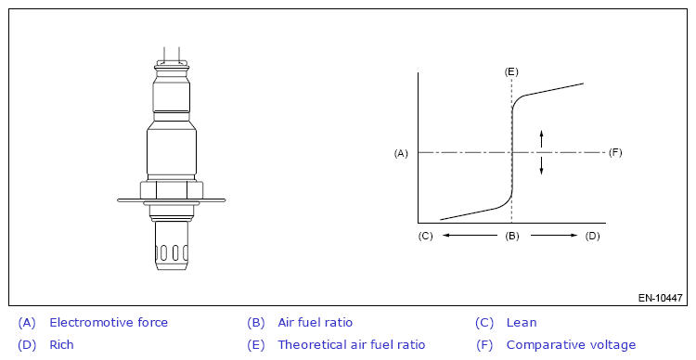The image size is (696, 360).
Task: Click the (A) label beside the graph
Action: point(401,153)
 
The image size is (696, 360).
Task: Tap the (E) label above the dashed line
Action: point(511,72)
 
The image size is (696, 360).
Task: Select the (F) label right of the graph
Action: point(615,153)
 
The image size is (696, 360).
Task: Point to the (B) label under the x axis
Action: point(511,236)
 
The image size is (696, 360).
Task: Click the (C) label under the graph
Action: point(425,236)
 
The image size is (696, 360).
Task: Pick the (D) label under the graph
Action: point(593,236)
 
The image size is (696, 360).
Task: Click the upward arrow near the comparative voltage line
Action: point(541,138)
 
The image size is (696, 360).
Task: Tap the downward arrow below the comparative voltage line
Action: point(541,165)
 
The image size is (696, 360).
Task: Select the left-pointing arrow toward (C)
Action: point(470,236)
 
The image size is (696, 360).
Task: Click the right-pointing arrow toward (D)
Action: point(554,236)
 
